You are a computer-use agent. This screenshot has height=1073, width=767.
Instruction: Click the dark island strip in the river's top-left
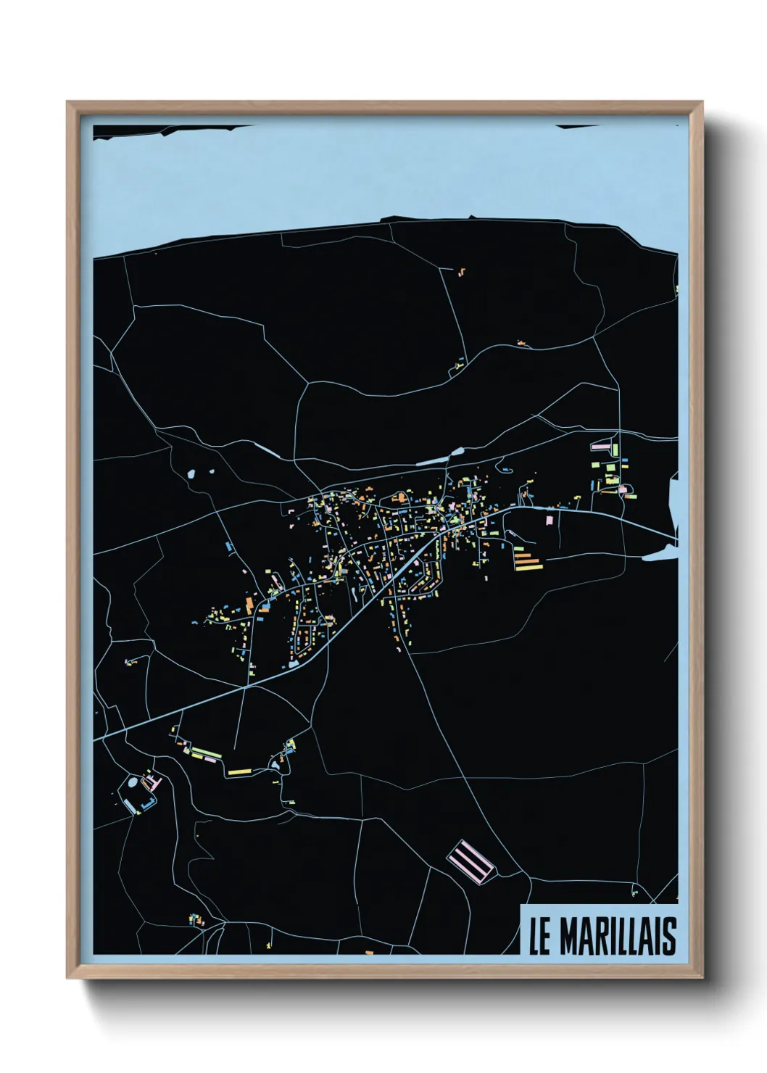coord(167,130)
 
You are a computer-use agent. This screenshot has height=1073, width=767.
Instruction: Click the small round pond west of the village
coord(191,475)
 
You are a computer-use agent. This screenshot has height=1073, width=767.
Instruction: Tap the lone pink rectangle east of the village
coord(549,519)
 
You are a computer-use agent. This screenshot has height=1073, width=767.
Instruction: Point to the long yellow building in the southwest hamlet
coord(239,771)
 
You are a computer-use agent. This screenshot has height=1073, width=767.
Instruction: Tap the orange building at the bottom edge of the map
coord(368,952)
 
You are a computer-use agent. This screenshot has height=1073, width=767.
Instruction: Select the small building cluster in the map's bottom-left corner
coord(195,920)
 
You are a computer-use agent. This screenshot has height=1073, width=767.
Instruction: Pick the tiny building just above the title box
coord(635,890)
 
